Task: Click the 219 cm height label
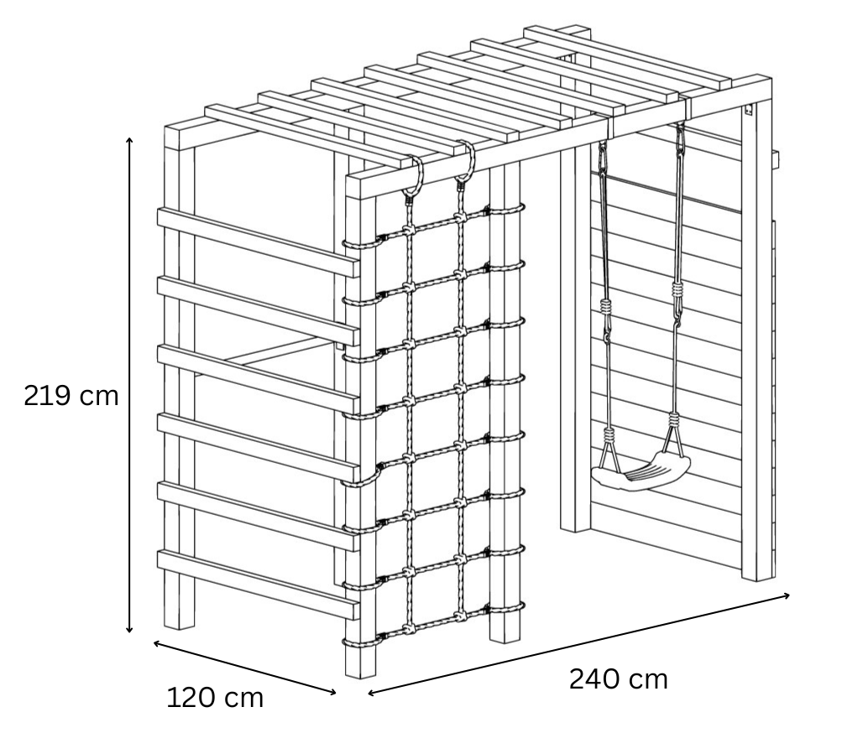(x=71, y=396)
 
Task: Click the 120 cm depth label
(x=216, y=698)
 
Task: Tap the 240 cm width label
(x=618, y=678)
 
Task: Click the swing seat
(x=641, y=472)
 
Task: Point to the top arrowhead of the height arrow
(x=129, y=141)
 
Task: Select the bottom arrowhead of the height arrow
(x=129, y=629)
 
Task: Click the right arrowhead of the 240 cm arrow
(x=786, y=595)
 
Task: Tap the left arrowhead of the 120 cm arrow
(x=157, y=643)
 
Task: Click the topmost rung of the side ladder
(x=258, y=242)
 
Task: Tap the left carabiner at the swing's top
(x=603, y=159)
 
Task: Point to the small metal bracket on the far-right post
(x=749, y=111)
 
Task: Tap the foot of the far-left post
(x=179, y=625)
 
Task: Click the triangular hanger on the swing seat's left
(x=609, y=450)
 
